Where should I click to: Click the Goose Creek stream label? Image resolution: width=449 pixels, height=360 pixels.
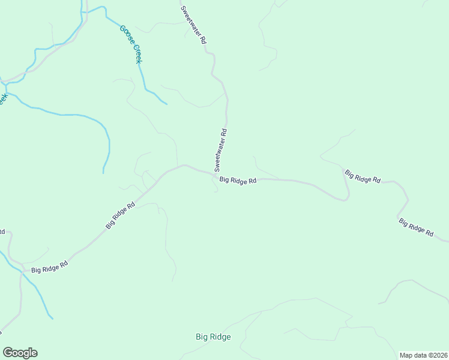130,44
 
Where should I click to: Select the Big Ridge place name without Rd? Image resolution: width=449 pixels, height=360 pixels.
213,337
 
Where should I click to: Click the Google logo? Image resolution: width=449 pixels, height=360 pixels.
20,353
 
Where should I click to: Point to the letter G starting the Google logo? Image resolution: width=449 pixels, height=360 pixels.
8,352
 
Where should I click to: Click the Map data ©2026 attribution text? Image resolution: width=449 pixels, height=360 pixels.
423,355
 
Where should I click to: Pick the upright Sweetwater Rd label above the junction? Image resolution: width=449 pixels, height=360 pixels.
220,149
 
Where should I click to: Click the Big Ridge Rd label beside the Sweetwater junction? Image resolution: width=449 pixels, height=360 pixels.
238,180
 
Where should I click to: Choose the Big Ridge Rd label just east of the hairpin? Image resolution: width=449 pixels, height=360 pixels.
363,176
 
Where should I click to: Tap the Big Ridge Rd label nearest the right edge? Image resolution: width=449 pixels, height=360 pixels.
416,227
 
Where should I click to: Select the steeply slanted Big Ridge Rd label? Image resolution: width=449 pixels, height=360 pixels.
120,215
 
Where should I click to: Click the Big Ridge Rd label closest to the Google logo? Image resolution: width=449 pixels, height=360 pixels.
49,266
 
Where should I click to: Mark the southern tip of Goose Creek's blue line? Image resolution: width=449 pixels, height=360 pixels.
166,104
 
